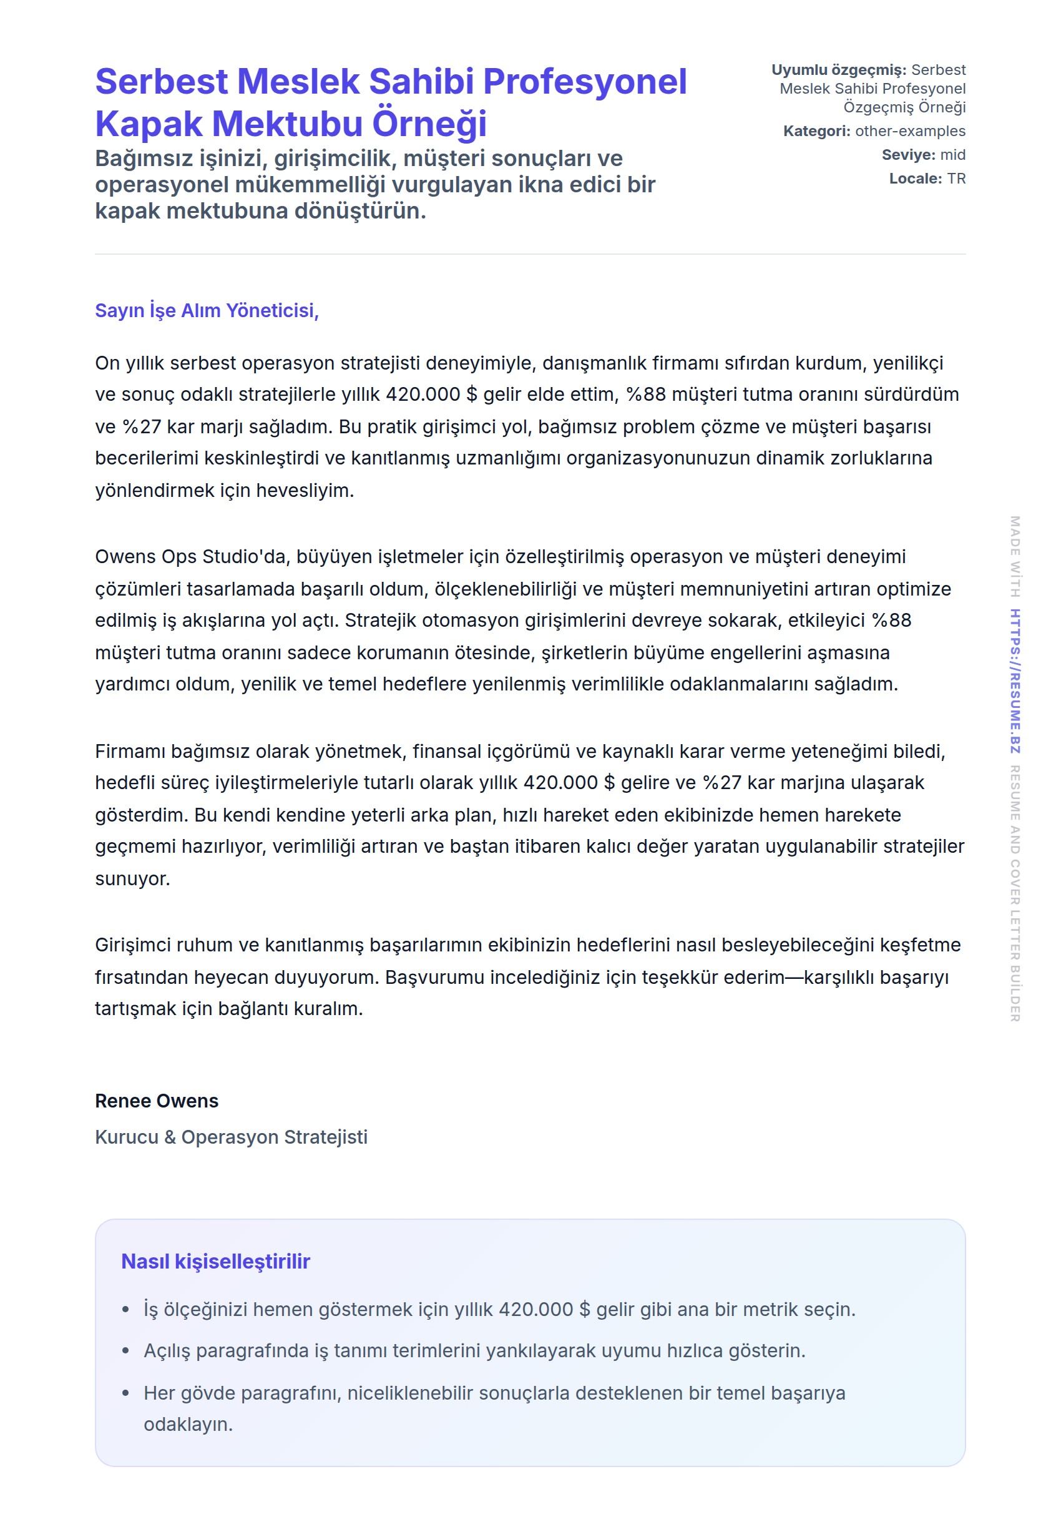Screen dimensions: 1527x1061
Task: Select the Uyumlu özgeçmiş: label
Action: (x=838, y=70)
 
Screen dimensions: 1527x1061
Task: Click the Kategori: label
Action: (x=816, y=131)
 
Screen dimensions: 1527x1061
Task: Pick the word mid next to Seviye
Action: (x=952, y=155)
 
